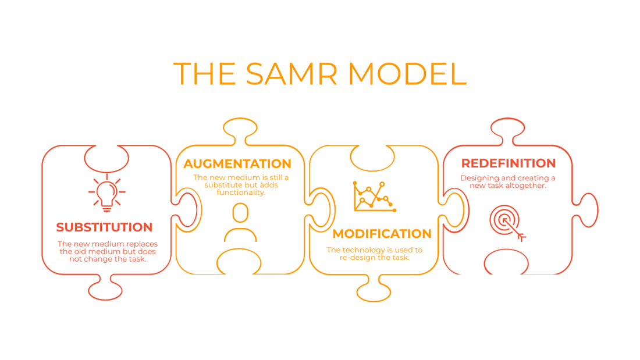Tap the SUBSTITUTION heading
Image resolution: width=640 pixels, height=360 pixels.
pos(104,227)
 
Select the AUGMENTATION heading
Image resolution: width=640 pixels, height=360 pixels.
pos(237,164)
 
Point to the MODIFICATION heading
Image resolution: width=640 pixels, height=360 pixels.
pos(382,234)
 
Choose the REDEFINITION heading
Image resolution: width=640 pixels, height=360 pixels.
pos(508,163)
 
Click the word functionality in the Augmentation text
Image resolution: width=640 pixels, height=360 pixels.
pos(240,193)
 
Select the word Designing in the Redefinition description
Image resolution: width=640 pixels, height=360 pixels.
pos(479,178)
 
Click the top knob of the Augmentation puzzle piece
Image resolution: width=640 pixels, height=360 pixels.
pos(240,129)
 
